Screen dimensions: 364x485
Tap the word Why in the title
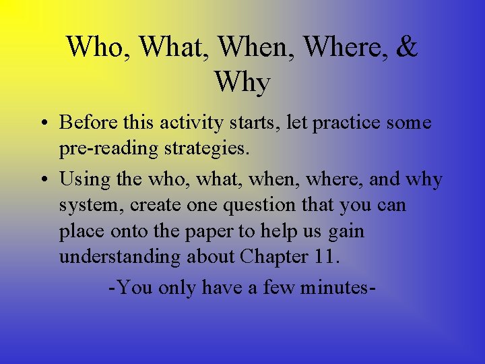[243, 82]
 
